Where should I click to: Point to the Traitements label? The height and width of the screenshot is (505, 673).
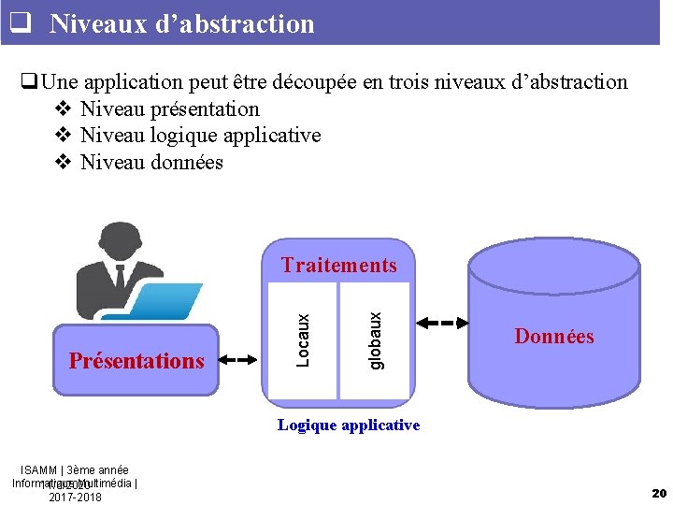[338, 266]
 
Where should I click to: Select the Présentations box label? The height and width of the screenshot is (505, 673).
[136, 361]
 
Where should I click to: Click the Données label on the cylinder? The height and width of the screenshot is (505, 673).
[553, 337]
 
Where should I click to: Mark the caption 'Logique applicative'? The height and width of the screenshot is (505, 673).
[349, 426]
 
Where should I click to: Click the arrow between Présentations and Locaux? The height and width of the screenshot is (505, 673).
[240, 358]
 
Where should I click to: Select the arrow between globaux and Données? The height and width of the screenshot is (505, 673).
[441, 324]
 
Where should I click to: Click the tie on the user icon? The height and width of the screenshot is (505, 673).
[119, 277]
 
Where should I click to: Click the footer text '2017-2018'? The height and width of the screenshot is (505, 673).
[75, 497]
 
